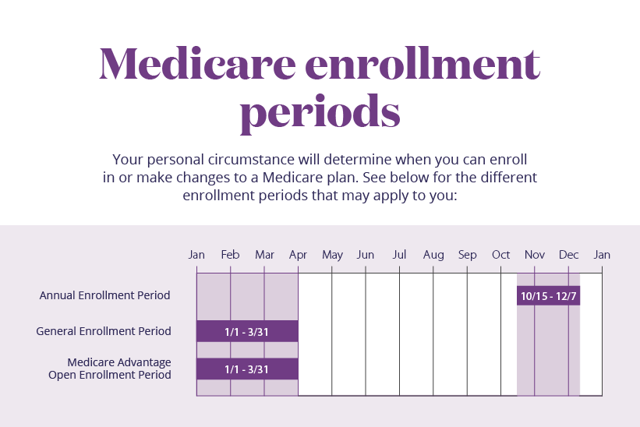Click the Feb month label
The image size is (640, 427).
(x=230, y=255)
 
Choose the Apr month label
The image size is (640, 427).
(x=298, y=255)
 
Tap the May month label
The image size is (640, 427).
(x=332, y=255)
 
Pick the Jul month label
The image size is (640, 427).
(x=399, y=255)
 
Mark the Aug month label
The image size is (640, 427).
(x=433, y=255)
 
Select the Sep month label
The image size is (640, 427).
(x=467, y=255)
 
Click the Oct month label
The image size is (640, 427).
(x=500, y=255)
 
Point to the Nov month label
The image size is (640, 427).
(x=535, y=255)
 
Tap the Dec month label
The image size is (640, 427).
(x=568, y=255)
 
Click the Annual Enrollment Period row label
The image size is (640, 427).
(x=104, y=295)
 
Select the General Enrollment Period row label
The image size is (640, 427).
(x=103, y=331)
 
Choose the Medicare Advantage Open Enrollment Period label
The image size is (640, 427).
(x=109, y=369)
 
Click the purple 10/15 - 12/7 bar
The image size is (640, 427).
(x=548, y=295)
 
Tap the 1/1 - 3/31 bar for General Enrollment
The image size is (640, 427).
(x=246, y=331)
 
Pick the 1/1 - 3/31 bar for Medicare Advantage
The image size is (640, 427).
(x=246, y=369)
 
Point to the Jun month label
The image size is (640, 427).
(x=366, y=255)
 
